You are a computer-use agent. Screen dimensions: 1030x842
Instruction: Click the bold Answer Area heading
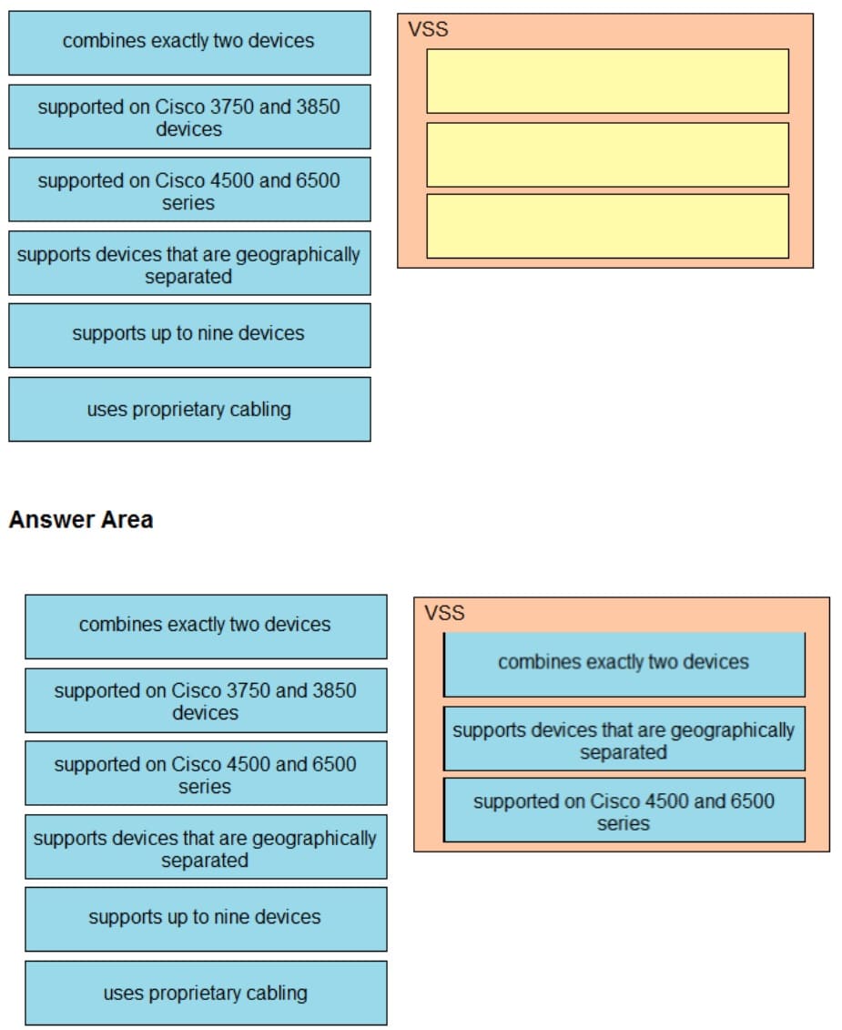coord(81,520)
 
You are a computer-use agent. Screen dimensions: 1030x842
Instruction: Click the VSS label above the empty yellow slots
coord(428,29)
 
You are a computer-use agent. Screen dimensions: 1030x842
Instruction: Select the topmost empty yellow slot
coord(607,81)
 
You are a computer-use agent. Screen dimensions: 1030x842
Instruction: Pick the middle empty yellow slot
coord(607,154)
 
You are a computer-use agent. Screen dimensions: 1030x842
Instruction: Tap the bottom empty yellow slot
coord(607,226)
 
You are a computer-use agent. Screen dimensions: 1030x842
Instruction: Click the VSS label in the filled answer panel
coord(444,613)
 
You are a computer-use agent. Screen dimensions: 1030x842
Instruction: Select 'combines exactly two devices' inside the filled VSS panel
coord(624,663)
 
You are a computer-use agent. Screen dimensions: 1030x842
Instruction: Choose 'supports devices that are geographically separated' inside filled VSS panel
coord(624,739)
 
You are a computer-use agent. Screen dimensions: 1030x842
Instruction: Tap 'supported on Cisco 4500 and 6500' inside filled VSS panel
coord(624,811)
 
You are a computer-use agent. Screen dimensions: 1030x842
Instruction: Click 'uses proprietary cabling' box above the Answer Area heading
coord(189,409)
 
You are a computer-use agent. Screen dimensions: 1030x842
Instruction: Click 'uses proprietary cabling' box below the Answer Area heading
coord(206,993)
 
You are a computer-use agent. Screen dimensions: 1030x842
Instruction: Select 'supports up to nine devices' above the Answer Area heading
coord(189,334)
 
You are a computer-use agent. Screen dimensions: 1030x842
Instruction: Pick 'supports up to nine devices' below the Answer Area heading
coord(206,918)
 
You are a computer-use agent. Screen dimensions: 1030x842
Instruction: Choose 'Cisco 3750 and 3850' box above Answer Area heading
coord(189,117)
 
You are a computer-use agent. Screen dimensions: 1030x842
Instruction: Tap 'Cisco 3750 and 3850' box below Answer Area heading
coord(206,700)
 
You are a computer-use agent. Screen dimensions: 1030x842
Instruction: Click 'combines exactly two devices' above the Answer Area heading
coord(189,42)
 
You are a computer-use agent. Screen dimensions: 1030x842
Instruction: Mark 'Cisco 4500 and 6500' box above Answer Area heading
coord(189,189)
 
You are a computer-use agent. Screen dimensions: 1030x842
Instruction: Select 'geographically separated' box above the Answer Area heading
coord(189,263)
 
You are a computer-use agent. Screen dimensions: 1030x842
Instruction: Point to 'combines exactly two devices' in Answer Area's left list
coord(206,626)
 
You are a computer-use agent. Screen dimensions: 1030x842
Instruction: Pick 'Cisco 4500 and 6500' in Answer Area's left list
coord(206,773)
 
